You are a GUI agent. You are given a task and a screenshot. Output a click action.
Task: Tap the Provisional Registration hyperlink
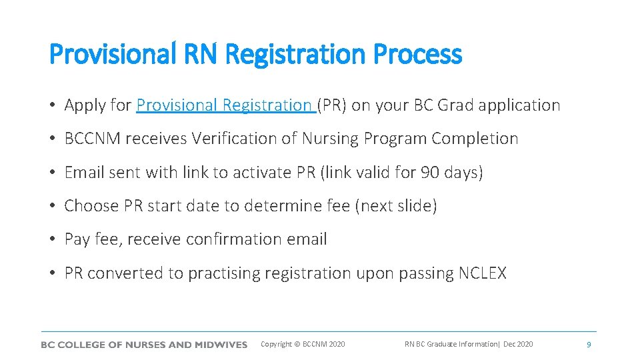pos(225,105)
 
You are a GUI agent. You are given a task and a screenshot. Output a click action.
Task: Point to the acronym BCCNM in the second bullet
pos(93,139)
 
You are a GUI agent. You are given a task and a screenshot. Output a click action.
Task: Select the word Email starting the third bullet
pos(84,173)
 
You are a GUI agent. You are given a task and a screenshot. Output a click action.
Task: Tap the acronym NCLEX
pos(483,273)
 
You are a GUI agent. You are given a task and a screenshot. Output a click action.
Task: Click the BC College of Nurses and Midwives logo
pos(144,345)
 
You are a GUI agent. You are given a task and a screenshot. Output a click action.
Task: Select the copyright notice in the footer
pos(303,345)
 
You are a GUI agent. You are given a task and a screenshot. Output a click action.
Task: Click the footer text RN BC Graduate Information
pos(451,345)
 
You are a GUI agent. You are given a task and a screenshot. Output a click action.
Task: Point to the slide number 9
pos(588,345)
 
